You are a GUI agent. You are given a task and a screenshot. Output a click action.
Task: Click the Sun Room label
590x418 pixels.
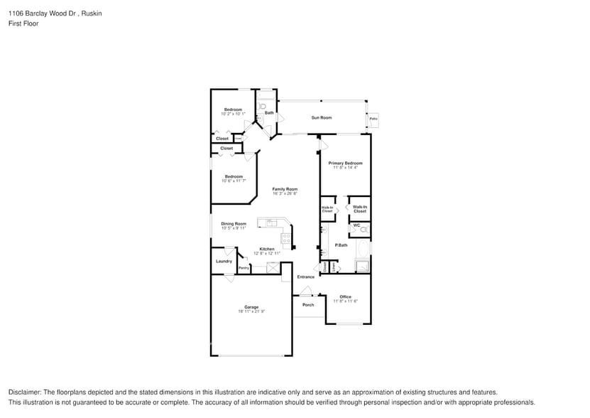coord(321,117)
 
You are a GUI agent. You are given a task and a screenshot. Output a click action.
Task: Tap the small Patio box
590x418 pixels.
coord(373,119)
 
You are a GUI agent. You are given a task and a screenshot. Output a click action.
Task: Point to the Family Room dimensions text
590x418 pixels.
coord(285,193)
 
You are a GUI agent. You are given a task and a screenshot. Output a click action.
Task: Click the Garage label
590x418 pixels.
coord(251,307)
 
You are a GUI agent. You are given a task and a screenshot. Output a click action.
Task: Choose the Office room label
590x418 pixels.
coord(345,296)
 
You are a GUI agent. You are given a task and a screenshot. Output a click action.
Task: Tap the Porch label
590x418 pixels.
coord(308,305)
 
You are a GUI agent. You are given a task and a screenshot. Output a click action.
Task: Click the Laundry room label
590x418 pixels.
coord(224,261)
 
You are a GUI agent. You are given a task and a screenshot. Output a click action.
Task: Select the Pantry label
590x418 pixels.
coord(244,268)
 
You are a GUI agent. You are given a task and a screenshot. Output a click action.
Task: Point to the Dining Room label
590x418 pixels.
coord(233,223)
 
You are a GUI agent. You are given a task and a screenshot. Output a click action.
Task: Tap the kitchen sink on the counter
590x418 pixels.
coord(271,223)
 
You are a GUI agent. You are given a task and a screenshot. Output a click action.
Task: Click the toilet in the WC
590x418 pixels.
coord(364,230)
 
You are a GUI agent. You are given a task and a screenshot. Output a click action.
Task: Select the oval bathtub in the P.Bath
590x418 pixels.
coord(363,249)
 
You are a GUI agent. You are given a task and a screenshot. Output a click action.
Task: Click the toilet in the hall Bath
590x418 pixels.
coord(263,106)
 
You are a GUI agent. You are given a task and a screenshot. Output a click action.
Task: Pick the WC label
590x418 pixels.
coord(356,225)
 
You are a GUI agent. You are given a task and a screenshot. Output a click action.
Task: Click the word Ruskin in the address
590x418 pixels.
coord(92,13)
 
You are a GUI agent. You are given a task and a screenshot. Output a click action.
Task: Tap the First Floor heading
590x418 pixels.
coord(23,23)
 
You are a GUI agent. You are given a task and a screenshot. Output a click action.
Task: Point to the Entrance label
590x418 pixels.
coord(305,277)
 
